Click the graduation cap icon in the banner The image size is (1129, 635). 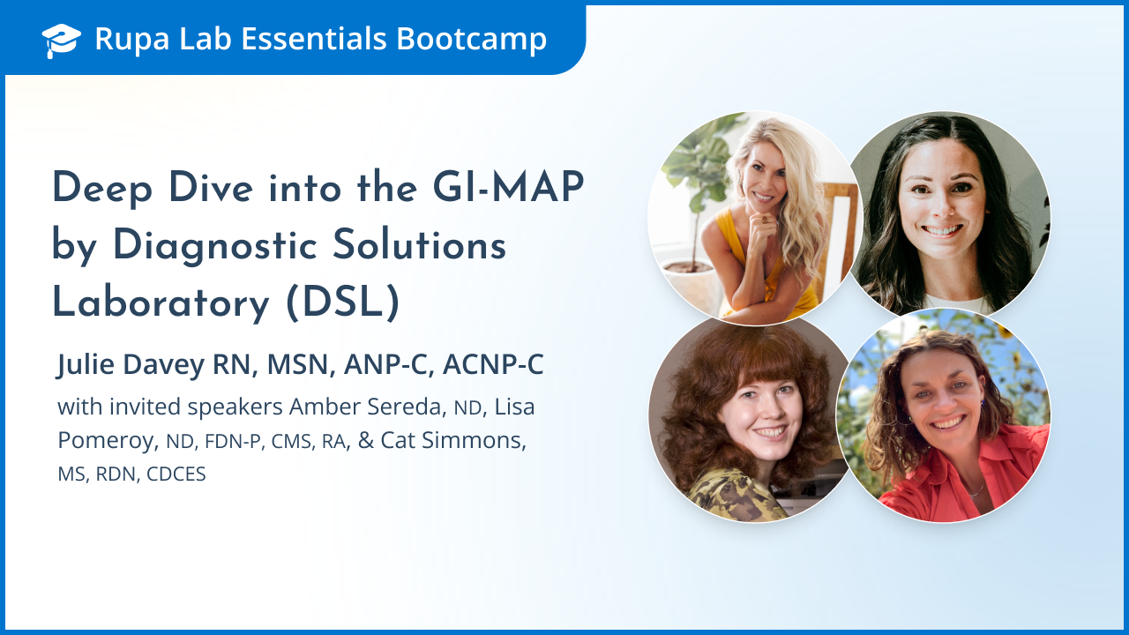tap(61, 41)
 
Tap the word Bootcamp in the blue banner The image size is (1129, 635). tap(471, 40)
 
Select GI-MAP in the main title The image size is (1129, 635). tap(508, 188)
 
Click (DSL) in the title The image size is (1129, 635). tap(343, 303)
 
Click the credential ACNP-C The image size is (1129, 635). tap(493, 364)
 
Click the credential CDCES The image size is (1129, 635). tap(176, 474)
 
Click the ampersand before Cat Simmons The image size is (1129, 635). tap(366, 440)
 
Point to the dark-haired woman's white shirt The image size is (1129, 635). tap(954, 304)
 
